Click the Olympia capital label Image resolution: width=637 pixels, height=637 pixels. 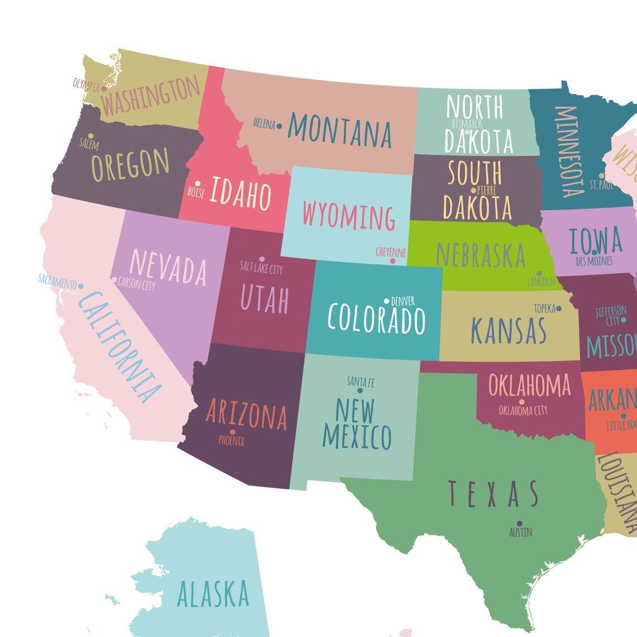86,85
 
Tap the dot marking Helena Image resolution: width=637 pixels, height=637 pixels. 279,127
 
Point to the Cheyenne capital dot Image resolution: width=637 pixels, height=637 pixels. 393,261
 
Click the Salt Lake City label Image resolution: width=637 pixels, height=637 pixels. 262,268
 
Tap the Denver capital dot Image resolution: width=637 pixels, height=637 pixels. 386,301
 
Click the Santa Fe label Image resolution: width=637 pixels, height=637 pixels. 360,382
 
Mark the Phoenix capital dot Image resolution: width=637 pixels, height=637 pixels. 232,432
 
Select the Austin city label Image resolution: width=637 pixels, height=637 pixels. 520,533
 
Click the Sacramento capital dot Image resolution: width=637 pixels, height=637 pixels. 81,286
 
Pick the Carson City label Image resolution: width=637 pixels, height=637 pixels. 137,285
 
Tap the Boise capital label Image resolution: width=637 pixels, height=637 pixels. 196,193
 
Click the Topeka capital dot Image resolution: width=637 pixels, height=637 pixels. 559,308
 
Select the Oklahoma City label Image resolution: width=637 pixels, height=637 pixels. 523,411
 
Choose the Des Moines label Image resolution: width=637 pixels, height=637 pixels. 594,261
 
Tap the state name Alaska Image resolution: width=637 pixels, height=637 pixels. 213,594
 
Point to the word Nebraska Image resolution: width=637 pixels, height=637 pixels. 481,255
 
